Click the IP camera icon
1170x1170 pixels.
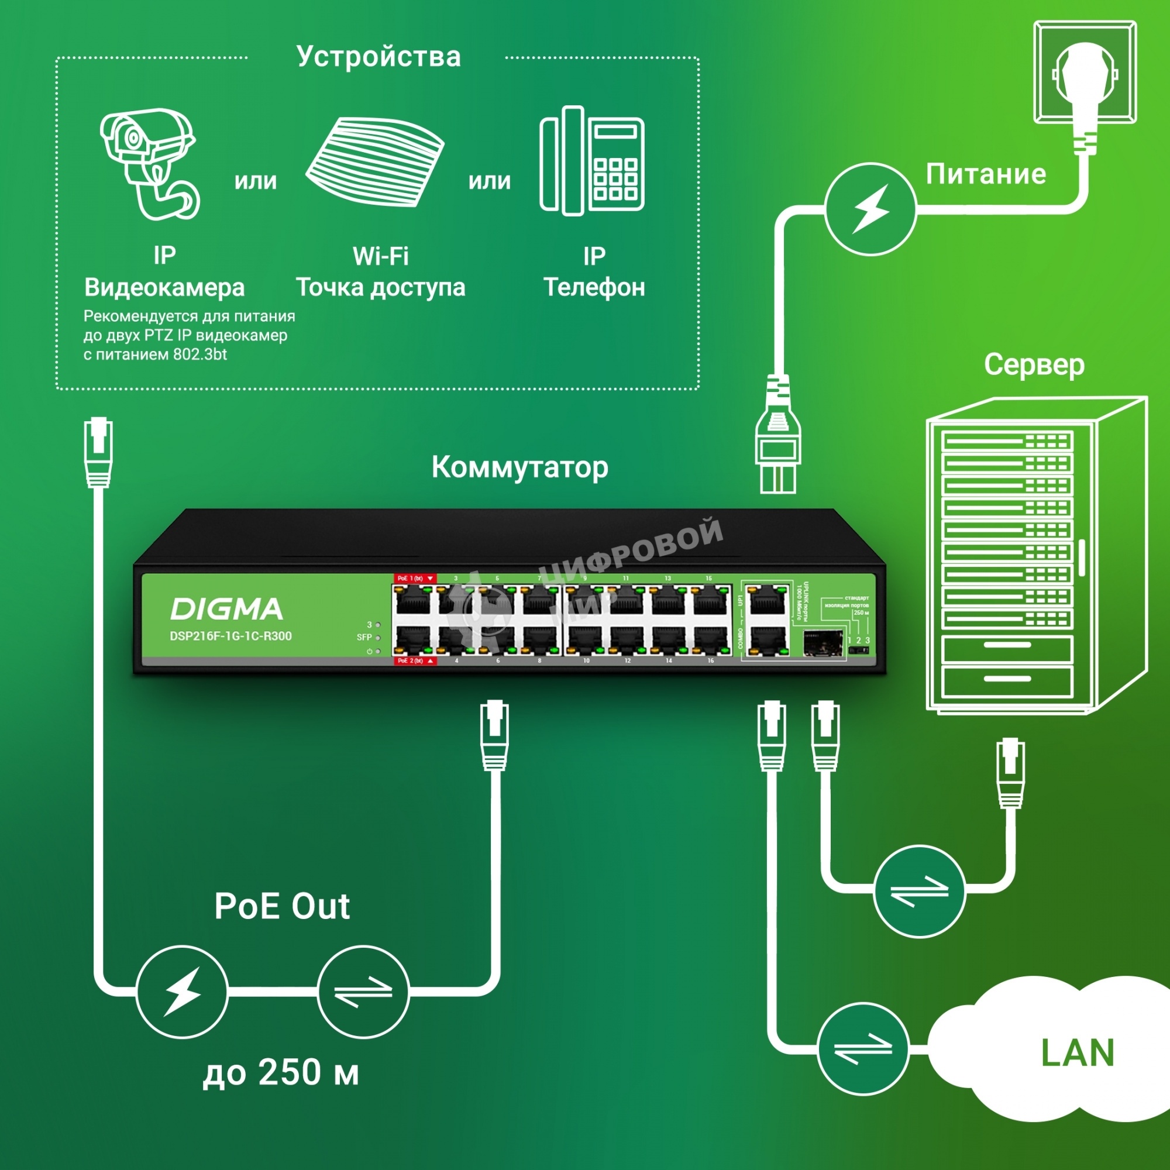coord(150,164)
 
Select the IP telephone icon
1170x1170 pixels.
coord(591,161)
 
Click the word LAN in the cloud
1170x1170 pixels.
coord(1078,1053)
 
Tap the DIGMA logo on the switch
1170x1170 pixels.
coord(226,609)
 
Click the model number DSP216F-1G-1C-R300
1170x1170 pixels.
coord(230,636)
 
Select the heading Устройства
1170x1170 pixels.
coord(378,57)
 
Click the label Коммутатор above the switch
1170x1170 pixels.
coord(519,467)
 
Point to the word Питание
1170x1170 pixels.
coord(985,174)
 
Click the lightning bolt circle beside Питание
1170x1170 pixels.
coord(870,209)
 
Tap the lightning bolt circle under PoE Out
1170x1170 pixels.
coord(182,992)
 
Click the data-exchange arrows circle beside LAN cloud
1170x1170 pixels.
coord(863,1049)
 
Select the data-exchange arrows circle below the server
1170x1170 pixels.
coord(919,892)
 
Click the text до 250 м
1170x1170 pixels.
coord(280,1072)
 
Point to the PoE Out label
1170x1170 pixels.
coord(281,907)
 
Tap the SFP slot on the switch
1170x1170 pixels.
coord(823,643)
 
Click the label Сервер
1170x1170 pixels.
coord(1034,365)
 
